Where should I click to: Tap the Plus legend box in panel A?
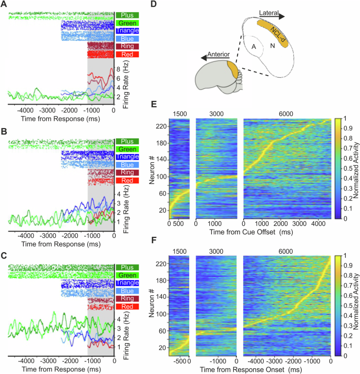(x=128, y=15)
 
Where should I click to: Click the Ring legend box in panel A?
(x=128, y=47)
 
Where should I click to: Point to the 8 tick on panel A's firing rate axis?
(x=119, y=69)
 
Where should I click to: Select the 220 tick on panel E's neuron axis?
(x=161, y=126)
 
